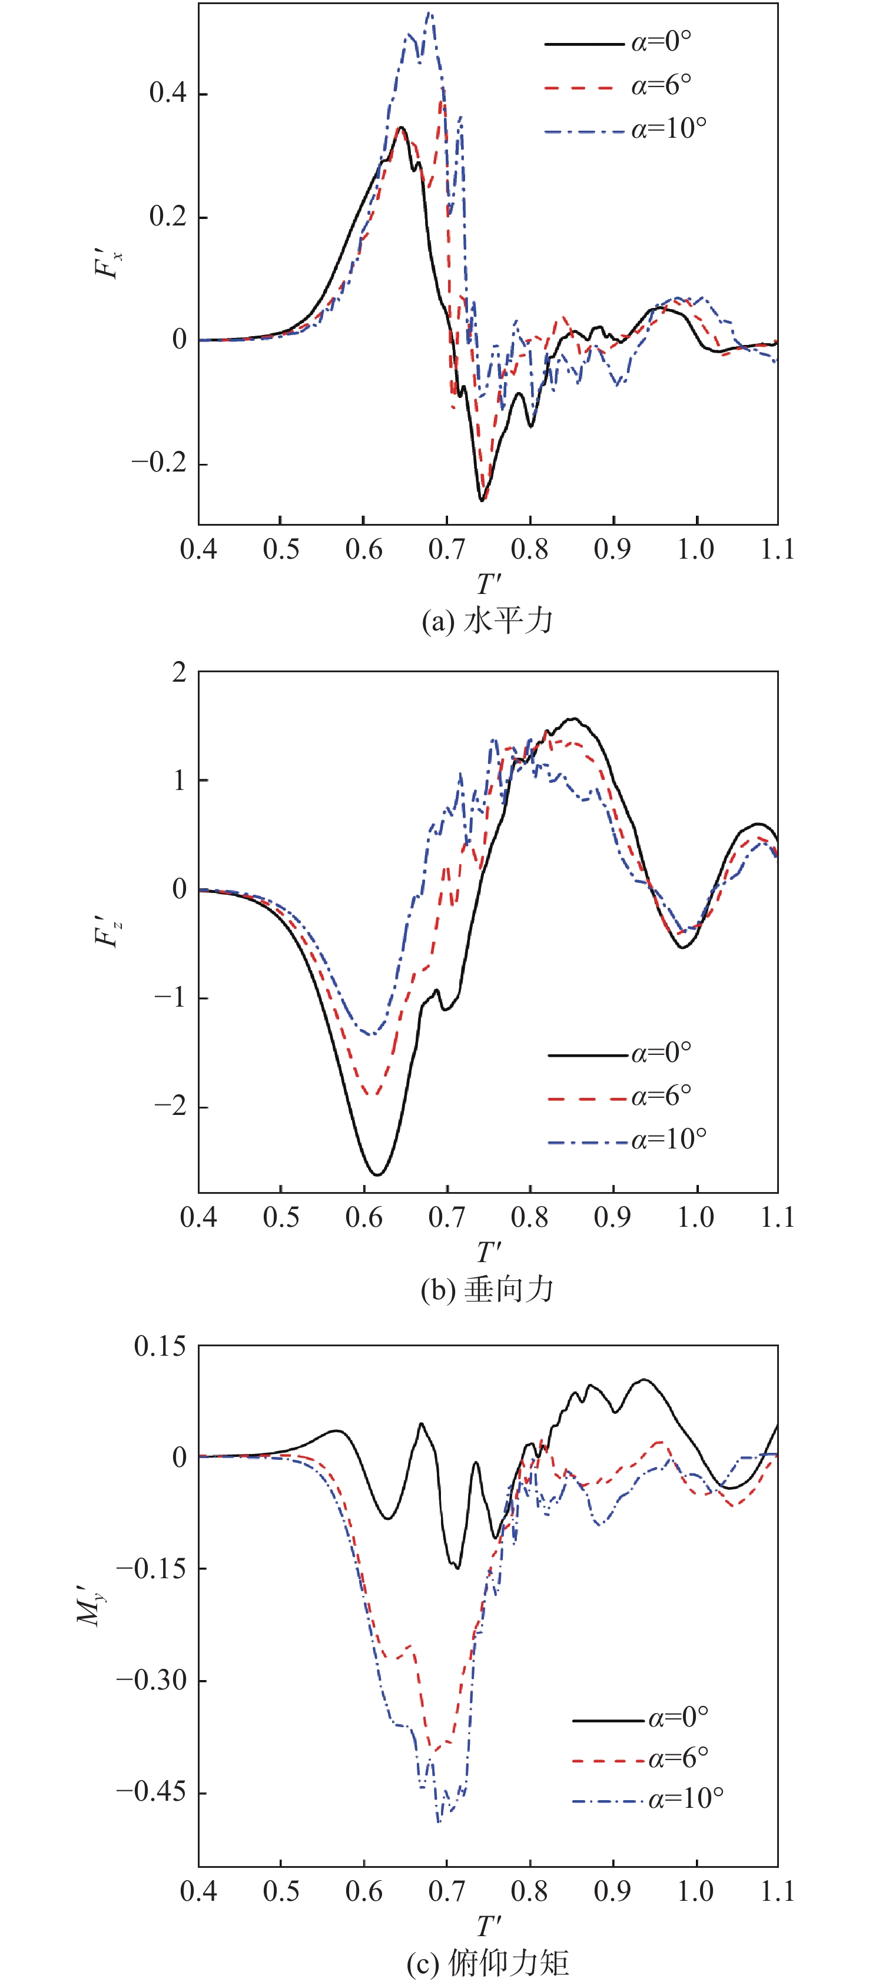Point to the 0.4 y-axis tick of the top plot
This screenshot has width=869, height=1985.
168,93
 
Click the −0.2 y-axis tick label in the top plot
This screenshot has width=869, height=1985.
159,463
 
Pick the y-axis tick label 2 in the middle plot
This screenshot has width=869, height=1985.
180,673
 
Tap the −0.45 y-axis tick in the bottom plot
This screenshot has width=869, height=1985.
151,1791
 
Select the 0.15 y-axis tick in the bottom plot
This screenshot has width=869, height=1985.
160,1346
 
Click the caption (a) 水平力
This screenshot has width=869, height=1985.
487,621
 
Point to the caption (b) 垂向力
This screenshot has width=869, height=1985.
487,1289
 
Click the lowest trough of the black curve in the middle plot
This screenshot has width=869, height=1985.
377,1174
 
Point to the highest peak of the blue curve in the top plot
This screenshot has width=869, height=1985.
429,12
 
